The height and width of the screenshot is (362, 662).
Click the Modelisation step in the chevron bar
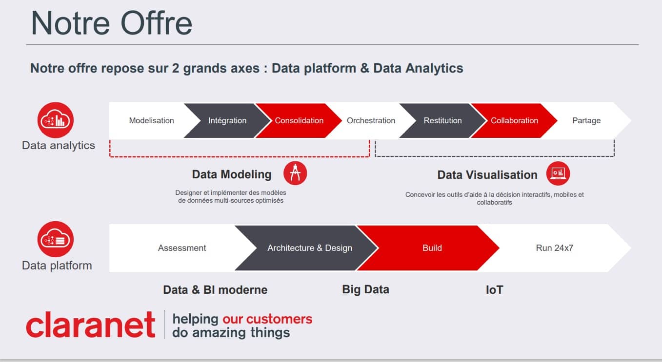pyautogui.click(x=151, y=120)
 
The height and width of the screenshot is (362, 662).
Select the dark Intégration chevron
pyautogui.click(x=227, y=120)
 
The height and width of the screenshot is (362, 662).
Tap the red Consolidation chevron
pyautogui.click(x=299, y=120)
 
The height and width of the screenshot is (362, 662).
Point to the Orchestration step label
pyautogui.click(x=371, y=120)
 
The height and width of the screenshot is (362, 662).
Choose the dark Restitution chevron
pyautogui.click(x=442, y=120)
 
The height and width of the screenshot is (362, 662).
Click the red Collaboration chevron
pyautogui.click(x=514, y=120)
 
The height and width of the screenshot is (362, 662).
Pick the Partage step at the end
pyautogui.click(x=586, y=120)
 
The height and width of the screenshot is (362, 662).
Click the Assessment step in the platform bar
pyautogui.click(x=182, y=248)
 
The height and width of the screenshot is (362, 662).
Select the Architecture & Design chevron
pyautogui.click(x=309, y=248)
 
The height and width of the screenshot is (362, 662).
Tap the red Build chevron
pyautogui.click(x=432, y=248)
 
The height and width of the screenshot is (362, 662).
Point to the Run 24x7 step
pyautogui.click(x=554, y=248)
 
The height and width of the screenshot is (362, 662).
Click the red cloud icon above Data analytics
pyautogui.click(x=56, y=120)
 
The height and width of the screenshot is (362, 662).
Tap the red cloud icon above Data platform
pyautogui.click(x=56, y=239)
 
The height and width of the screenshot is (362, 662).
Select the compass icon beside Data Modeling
pyautogui.click(x=295, y=173)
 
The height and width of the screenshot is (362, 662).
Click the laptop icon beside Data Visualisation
pyautogui.click(x=558, y=173)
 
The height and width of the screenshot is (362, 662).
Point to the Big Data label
pyautogui.click(x=365, y=289)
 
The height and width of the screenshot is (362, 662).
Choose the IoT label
pyautogui.click(x=494, y=290)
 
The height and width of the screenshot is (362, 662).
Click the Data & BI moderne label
pyautogui.click(x=215, y=290)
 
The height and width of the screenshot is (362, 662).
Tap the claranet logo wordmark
pyautogui.click(x=91, y=325)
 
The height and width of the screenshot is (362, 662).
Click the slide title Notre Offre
pyautogui.click(x=112, y=23)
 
